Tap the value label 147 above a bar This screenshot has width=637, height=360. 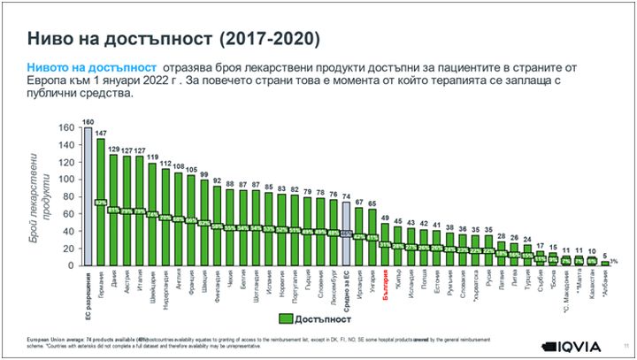coord(100,133)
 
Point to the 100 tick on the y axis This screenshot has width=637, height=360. coord(70,179)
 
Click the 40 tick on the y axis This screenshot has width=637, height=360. coord(70,231)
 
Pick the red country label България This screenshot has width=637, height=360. coord(385,288)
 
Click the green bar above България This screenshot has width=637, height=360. coord(385,245)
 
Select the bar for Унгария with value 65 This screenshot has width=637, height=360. coord(372,237)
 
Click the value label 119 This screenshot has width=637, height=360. coord(152,157)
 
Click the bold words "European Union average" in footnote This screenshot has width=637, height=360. coord(53,339)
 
